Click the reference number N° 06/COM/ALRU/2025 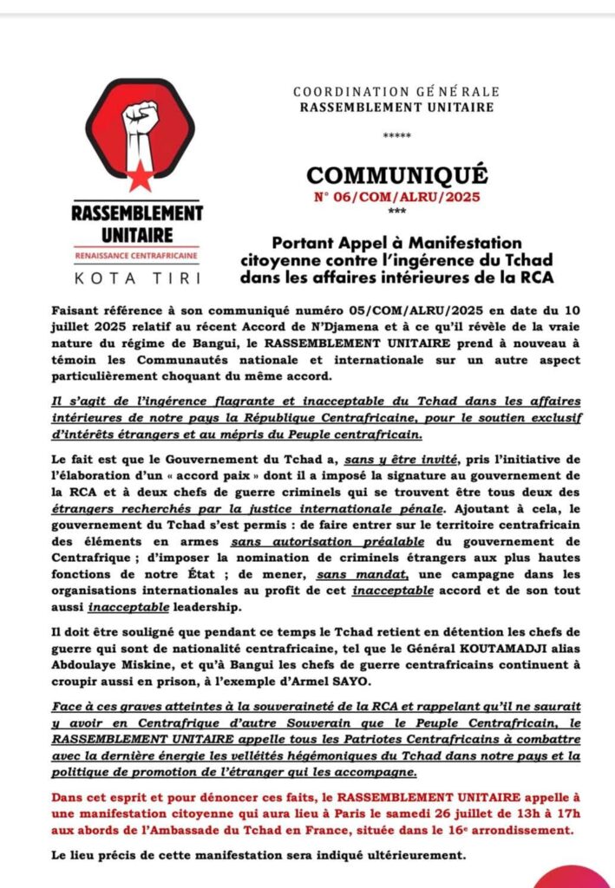(x=397, y=197)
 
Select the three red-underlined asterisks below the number (x=397, y=212)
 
